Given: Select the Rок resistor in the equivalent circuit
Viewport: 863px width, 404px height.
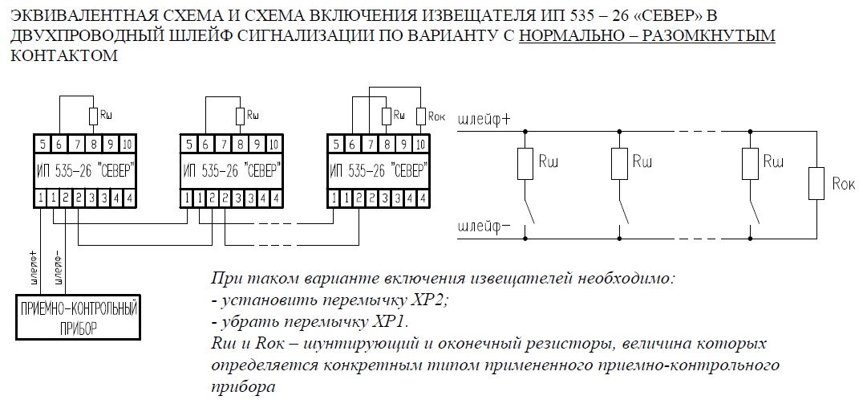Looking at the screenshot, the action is tap(816, 184).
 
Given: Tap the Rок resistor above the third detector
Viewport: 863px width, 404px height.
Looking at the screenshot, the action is tap(421, 116).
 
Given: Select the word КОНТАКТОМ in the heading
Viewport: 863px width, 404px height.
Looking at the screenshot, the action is tap(64, 55).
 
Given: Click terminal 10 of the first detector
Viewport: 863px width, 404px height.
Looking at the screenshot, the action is tap(127, 145).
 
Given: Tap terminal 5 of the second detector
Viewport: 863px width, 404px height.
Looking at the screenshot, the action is tap(189, 145).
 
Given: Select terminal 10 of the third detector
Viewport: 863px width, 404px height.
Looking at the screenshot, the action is tap(420, 145).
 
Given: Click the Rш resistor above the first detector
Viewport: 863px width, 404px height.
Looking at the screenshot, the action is tap(93, 116).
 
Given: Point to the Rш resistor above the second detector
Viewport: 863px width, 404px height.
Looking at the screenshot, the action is tap(240, 116).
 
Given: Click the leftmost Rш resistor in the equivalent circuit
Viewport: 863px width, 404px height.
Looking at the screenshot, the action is tap(525, 164).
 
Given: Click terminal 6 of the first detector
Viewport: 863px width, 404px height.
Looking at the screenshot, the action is tap(59, 145).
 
